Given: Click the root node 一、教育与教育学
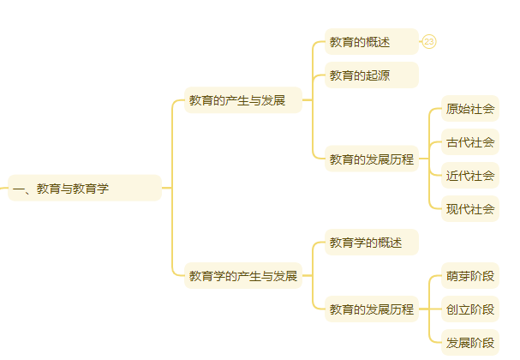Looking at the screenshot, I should [84, 188].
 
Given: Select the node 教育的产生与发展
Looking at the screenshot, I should [243, 100].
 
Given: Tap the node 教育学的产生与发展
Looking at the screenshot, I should [243, 276].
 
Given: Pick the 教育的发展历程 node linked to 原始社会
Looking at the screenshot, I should [371, 159].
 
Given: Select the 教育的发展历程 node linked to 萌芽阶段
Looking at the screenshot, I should [371, 309].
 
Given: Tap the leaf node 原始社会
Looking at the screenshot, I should [469, 109].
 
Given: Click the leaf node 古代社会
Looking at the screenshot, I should [469, 142].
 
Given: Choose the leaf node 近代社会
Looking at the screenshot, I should [469, 176].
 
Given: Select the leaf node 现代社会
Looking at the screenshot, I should [469, 209].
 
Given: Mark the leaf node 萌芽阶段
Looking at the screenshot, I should [469, 276].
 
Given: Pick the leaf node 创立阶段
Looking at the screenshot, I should [469, 309].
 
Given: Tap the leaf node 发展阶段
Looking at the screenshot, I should [469, 343].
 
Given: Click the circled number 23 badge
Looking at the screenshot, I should [429, 42].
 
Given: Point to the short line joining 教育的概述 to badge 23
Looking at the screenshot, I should [421, 42].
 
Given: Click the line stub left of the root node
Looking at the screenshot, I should [3, 188].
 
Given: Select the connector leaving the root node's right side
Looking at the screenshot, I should [166, 188].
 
